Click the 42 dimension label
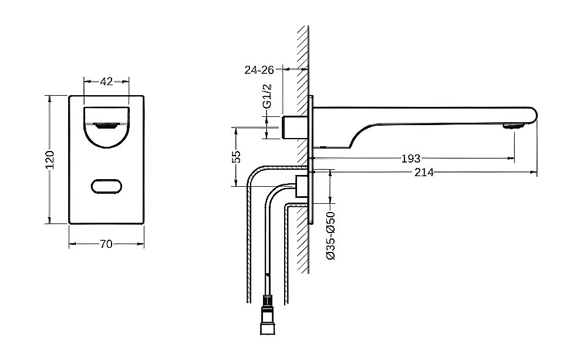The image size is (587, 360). [106, 82]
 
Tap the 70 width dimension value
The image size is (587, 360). [106, 244]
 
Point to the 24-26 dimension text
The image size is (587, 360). [259, 70]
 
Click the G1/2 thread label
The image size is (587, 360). [267, 96]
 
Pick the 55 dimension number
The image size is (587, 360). [236, 157]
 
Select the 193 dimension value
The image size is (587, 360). [410, 159]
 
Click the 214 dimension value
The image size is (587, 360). [423, 173]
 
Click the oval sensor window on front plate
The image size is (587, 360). [107, 187]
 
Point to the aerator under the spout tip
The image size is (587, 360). [513, 126]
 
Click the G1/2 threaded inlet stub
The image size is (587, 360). [294, 127]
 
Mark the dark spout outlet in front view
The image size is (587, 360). [106, 125]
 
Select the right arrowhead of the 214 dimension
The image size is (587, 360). [535, 173]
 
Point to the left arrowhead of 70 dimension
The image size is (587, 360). [71, 244]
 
